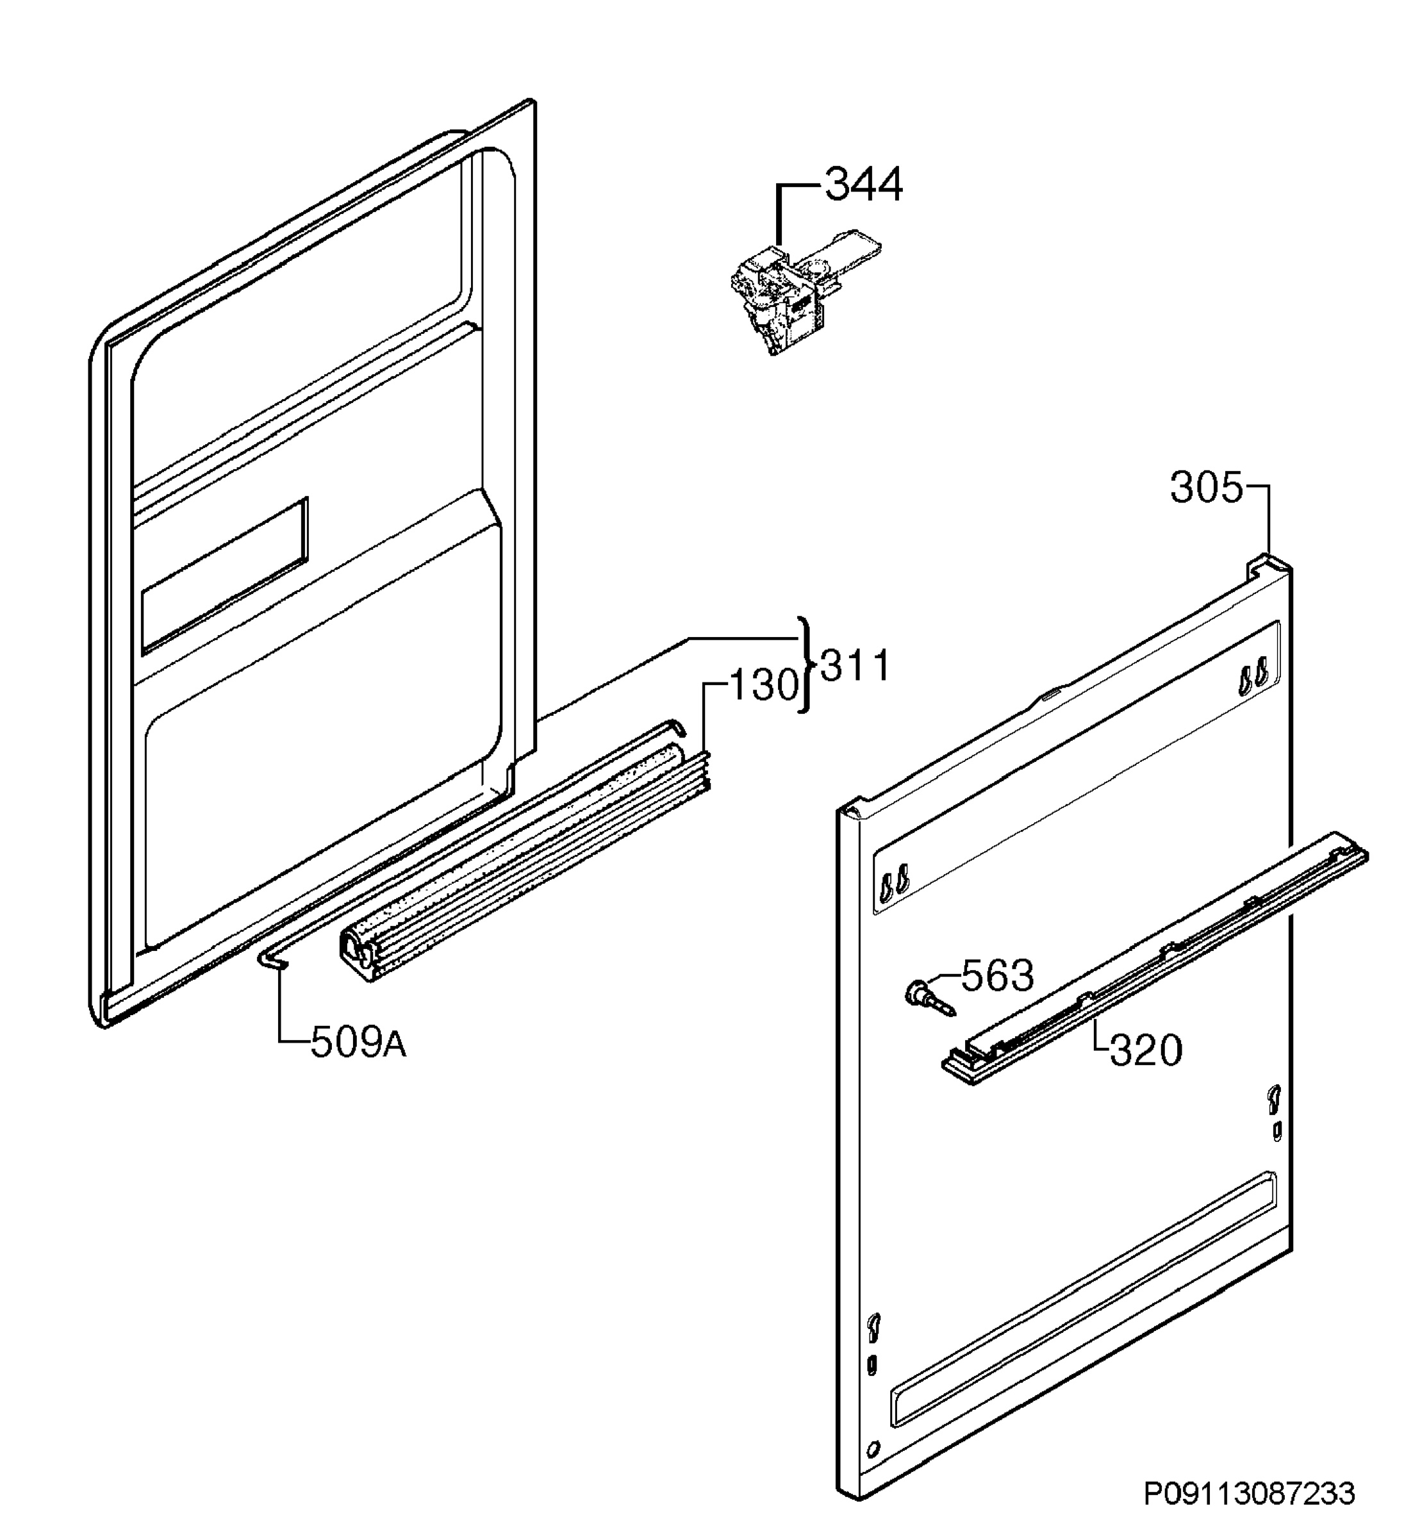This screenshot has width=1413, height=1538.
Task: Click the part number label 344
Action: (x=863, y=185)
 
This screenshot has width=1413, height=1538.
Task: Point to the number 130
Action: (x=764, y=684)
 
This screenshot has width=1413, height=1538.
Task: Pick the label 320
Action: (x=1145, y=1050)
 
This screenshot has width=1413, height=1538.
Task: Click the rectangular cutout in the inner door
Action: (x=225, y=577)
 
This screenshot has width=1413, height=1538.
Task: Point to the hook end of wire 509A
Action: (x=273, y=961)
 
